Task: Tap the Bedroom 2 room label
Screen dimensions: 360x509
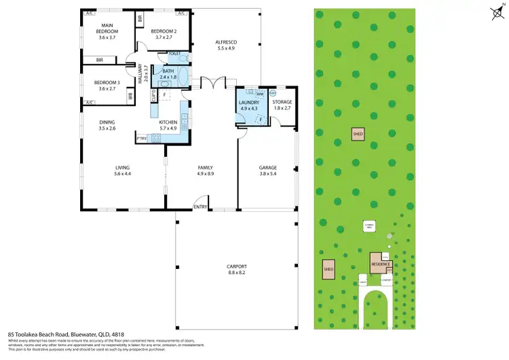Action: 164,32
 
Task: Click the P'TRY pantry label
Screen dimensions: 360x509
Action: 142,139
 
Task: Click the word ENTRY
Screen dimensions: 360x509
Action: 200,207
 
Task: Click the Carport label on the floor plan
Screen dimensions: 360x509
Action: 237,266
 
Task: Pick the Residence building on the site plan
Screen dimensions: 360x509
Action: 380,264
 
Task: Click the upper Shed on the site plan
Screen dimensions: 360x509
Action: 358,134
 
